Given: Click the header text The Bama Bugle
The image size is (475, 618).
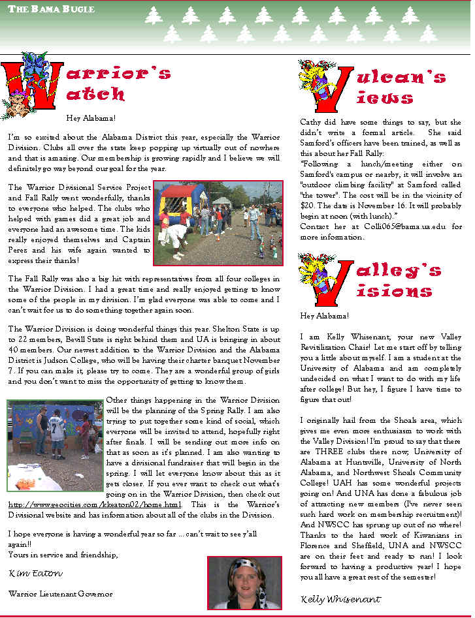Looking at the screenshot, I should click(x=52, y=9).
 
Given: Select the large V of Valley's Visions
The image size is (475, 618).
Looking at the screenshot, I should click(x=325, y=281).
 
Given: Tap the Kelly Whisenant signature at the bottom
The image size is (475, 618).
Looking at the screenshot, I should click(x=340, y=599).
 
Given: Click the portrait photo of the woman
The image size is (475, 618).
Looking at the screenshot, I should click(x=244, y=582).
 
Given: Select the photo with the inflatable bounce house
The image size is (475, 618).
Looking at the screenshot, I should click(x=218, y=223).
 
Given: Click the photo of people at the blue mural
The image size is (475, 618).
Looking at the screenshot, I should click(x=55, y=444).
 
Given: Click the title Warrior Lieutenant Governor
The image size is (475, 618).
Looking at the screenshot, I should click(x=61, y=594).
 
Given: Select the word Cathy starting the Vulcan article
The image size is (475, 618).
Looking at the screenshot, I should click(x=310, y=122).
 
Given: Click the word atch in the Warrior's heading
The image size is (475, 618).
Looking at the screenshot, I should click(x=95, y=94).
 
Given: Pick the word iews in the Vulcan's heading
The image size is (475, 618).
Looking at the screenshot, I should click(x=385, y=98).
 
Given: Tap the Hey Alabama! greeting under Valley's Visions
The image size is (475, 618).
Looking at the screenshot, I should click(x=324, y=316).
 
